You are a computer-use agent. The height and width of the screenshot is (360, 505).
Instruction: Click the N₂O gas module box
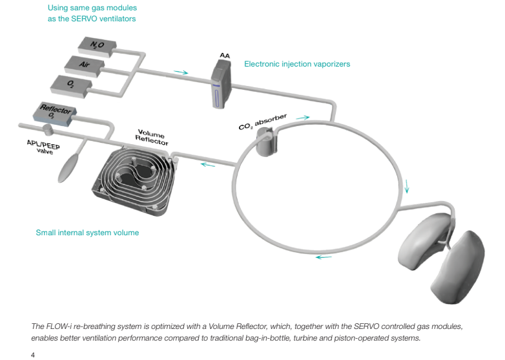tap(98, 45)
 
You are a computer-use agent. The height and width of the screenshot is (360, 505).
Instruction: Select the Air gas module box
tap(83, 65)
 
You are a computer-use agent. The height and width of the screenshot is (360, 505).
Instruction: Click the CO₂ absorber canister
tap(265, 142)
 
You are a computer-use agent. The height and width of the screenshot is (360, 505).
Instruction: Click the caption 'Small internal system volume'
tap(87, 233)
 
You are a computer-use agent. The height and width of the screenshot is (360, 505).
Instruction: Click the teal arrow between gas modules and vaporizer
tap(181, 72)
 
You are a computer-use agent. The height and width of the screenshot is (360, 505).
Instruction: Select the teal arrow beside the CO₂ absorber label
tap(303, 118)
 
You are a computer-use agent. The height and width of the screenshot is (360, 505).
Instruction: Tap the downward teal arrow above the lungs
tap(407, 191)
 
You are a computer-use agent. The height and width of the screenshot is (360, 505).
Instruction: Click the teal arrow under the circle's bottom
tap(324, 257)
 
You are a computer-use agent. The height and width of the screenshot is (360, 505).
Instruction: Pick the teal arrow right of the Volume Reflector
tap(208, 164)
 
